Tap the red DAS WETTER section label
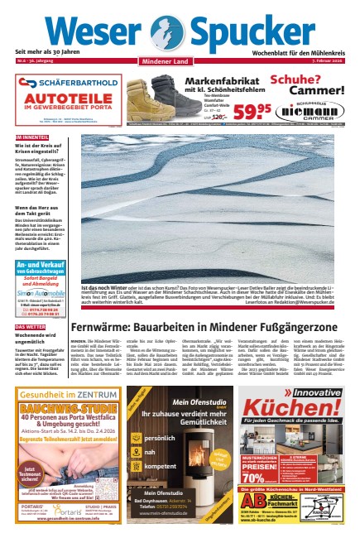(x=30, y=327)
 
